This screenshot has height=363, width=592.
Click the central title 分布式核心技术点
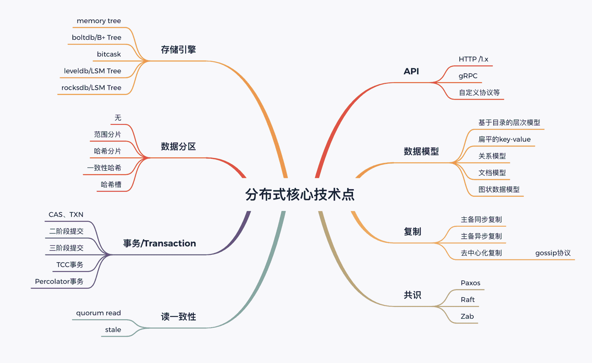[x=300, y=195]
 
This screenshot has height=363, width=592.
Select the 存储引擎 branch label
[x=178, y=50]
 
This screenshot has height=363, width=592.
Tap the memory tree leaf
[x=99, y=21]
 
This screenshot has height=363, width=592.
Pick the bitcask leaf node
[x=109, y=54]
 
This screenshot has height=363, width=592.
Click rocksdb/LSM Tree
[x=91, y=88]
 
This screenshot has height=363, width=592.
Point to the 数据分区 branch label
[x=178, y=146]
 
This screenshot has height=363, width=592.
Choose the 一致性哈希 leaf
[x=104, y=168]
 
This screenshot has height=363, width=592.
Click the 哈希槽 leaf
[x=111, y=184]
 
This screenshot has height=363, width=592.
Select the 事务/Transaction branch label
[x=159, y=243]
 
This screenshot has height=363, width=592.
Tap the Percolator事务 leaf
[x=59, y=281]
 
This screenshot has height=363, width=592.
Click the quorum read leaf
[x=98, y=313]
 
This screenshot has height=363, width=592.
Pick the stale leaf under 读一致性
[x=113, y=330]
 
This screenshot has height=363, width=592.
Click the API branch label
[x=411, y=71]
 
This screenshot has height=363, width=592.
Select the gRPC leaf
[x=468, y=76]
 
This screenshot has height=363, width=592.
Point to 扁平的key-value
[x=504, y=139]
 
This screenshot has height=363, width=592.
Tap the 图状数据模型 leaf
[x=499, y=189]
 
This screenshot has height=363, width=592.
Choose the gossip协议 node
[x=553, y=253]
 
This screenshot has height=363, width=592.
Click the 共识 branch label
[x=412, y=295]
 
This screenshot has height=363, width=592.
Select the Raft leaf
[x=467, y=299]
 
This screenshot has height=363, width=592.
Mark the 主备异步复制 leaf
[x=481, y=236]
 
